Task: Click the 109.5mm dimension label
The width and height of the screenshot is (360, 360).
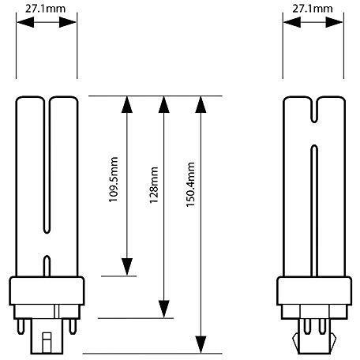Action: pyautogui.click(x=114, y=179)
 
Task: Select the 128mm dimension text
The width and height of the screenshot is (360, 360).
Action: pyautogui.click(x=154, y=185)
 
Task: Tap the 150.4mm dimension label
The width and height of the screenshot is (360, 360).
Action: pyautogui.click(x=190, y=185)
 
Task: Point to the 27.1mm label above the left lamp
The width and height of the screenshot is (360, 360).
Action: pyautogui.click(x=45, y=9)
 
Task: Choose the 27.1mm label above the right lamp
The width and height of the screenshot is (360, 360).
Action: pyautogui.click(x=313, y=9)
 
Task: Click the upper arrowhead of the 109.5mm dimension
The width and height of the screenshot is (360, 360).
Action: pyautogui.click(x=127, y=104)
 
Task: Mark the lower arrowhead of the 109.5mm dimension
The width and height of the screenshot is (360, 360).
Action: pyautogui.click(x=127, y=267)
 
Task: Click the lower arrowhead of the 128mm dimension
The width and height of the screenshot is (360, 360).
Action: pyautogui.click(x=163, y=309)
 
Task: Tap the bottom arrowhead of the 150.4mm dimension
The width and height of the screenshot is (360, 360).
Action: pyautogui.click(x=201, y=344)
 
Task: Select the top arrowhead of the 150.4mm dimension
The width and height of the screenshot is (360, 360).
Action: pyautogui.click(x=201, y=104)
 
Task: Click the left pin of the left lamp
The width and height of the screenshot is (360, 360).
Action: pyautogui.click(x=21, y=326)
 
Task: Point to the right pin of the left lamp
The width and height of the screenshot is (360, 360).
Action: pyautogui.click(x=73, y=326)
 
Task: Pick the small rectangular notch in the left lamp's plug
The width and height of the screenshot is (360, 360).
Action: pyautogui.click(x=47, y=343)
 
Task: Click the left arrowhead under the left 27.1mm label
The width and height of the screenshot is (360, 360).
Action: pyautogui.click(x=25, y=22)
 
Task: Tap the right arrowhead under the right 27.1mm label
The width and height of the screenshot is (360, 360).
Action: pyautogui.click(x=335, y=22)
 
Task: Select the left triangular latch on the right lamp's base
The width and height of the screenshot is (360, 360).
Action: pyautogui.click(x=296, y=340)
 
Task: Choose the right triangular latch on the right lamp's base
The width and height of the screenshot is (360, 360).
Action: pyautogui.click(x=332, y=340)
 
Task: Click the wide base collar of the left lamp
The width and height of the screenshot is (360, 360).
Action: pyautogui.click(x=47, y=291)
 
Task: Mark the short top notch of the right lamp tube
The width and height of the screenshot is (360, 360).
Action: pyautogui.click(x=314, y=111)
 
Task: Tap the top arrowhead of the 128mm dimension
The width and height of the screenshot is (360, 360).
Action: pyautogui.click(x=163, y=104)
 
